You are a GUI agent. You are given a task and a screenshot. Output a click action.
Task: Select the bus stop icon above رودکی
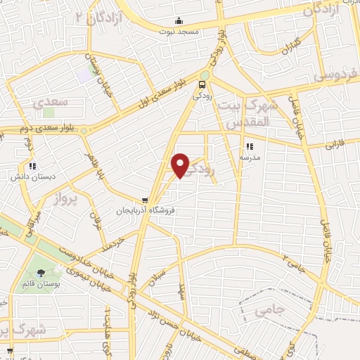point(203,86)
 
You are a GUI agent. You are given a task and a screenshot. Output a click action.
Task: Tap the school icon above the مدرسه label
point(248,147)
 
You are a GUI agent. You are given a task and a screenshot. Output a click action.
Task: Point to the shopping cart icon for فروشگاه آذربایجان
point(146,200)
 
